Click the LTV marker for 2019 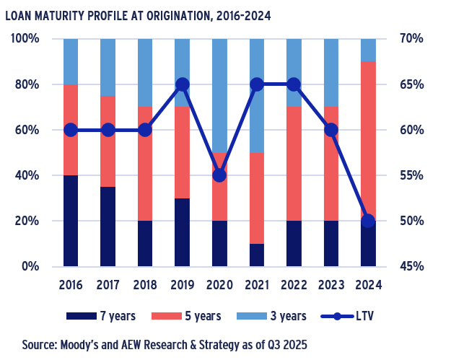click(x=183, y=84)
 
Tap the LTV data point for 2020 click(x=220, y=175)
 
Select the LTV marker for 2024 click(x=368, y=221)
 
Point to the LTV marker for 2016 click(x=71, y=130)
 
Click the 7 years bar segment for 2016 click(x=71, y=221)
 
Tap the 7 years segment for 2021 click(x=257, y=255)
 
